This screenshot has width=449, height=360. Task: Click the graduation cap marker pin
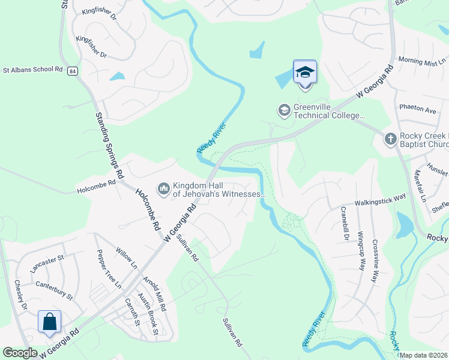click(x=305, y=73)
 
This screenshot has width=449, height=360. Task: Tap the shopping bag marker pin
click(x=49, y=322)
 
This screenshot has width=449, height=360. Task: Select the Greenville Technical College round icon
click(x=284, y=111)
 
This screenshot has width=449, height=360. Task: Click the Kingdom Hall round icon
click(x=163, y=189)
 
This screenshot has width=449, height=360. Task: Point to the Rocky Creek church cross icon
click(x=390, y=140)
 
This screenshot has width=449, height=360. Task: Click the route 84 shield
click(x=73, y=71)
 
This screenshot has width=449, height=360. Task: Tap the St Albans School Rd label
click(x=32, y=70)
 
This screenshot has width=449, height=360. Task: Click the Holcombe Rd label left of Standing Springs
click(x=96, y=191)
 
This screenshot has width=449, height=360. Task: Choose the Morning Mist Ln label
click(x=423, y=61)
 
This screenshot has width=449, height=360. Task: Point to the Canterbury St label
click(x=54, y=290)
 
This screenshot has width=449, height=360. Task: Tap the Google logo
click(x=20, y=353)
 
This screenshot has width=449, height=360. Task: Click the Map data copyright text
click(x=423, y=355)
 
